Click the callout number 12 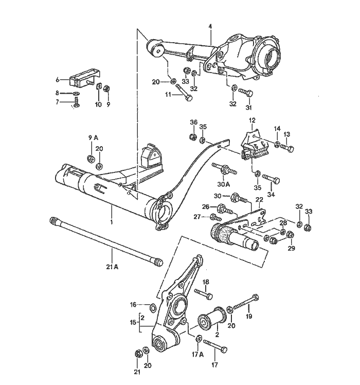click(252, 120)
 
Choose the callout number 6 click(58, 79)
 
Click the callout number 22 click(259, 199)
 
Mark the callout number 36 click(194, 122)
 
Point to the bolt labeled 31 click(246, 93)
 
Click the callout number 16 click(133, 305)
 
